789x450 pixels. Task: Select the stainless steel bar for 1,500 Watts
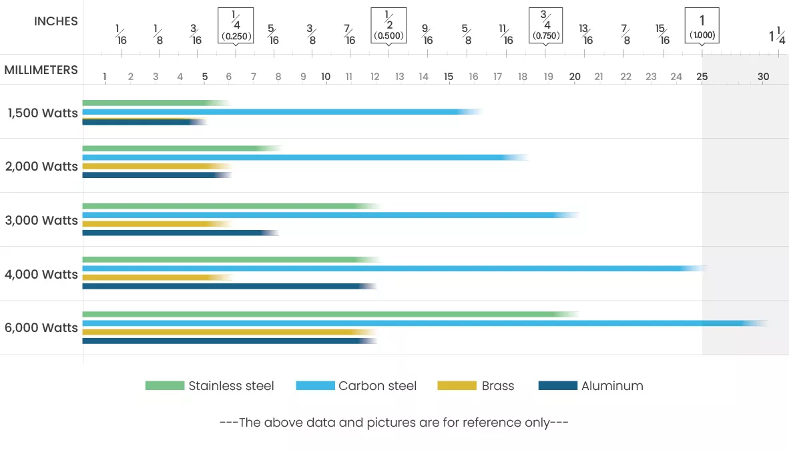pyautogui.click(x=154, y=103)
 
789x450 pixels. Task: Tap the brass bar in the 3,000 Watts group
pyautogui.click(x=154, y=224)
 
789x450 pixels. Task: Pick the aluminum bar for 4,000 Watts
pyautogui.click(x=227, y=287)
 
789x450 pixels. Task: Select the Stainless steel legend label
pyautogui.click(x=231, y=385)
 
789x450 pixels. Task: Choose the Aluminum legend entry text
pyautogui.click(x=612, y=385)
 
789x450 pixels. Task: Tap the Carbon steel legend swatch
pyautogui.click(x=315, y=385)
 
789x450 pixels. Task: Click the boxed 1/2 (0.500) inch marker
pyautogui.click(x=388, y=25)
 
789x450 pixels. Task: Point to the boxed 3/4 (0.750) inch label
pyautogui.click(x=545, y=25)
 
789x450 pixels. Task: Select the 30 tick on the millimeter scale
pyautogui.click(x=763, y=77)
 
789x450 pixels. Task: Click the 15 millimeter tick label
pyautogui.click(x=449, y=77)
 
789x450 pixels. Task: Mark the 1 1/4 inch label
pyautogui.click(x=777, y=35)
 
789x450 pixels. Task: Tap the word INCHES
pyautogui.click(x=56, y=21)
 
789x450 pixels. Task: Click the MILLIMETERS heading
pyautogui.click(x=41, y=70)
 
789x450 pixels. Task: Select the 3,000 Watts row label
pyautogui.click(x=41, y=220)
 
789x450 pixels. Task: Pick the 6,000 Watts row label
pyautogui.click(x=41, y=328)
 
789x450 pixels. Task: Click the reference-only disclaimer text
pyautogui.click(x=394, y=422)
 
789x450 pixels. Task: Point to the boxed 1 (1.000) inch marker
pyautogui.click(x=702, y=25)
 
